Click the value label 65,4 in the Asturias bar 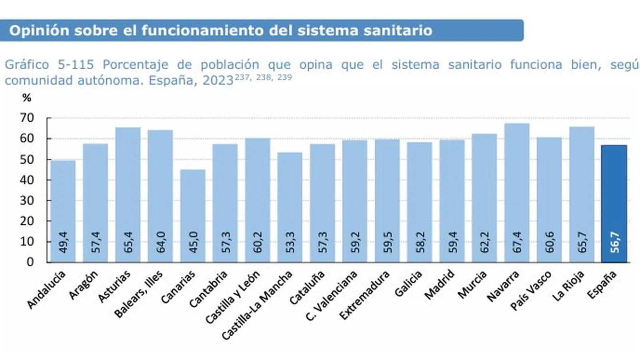pyautogui.click(x=128, y=242)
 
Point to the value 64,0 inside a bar pyautogui.click(x=160, y=242)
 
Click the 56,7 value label pyautogui.click(x=614, y=242)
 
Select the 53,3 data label pyautogui.click(x=290, y=242)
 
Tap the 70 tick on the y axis pyautogui.click(x=27, y=118)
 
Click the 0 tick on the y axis pyautogui.click(x=30, y=262)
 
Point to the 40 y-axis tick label pyautogui.click(x=27, y=180)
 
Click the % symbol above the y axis pyautogui.click(x=27, y=98)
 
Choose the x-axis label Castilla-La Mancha pyautogui.click(x=258, y=305)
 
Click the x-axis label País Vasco pyautogui.click(x=531, y=291)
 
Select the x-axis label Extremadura pyautogui.click(x=364, y=295)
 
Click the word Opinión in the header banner pyautogui.click(x=39, y=30)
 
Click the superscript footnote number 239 pyautogui.click(x=284, y=77)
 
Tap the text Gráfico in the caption pyautogui.click(x=26, y=64)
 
